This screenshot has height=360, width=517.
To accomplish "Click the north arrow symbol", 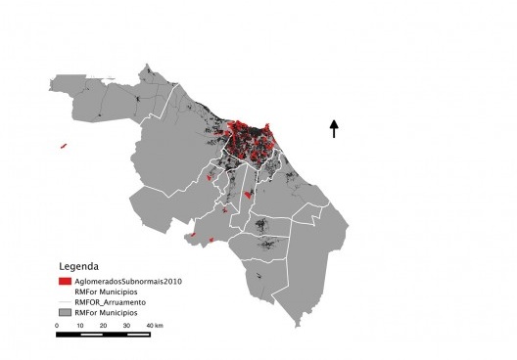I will (334, 128).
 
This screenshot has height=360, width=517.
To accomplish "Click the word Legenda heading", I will (78, 266).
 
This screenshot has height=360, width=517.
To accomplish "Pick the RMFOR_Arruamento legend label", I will (124, 302).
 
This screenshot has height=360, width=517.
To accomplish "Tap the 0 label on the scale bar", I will (57, 325).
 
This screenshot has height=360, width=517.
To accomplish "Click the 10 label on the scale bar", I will (79, 325).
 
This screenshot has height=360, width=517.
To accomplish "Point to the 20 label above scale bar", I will (102, 325).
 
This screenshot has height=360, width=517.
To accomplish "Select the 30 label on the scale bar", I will (125, 325).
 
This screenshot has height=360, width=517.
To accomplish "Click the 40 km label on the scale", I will (153, 325).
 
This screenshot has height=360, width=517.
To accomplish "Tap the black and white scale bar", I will (102, 335).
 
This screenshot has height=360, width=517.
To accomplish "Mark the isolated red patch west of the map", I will (63, 146).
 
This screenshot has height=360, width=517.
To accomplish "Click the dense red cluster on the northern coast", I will (250, 137).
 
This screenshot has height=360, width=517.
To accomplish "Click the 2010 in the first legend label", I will (174, 282).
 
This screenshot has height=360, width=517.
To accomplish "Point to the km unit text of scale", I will (159, 325).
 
